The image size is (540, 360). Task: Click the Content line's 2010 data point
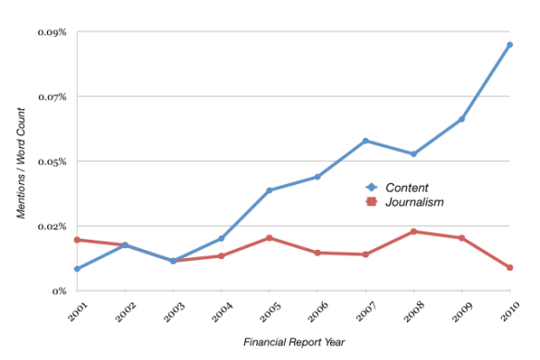509,44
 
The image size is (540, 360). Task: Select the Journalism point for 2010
509,267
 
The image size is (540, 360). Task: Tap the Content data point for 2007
365,141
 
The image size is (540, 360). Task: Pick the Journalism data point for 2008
413,231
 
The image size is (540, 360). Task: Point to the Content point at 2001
77,269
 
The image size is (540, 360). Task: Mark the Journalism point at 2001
77,240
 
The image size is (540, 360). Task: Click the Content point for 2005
269,191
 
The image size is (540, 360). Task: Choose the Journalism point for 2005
269,238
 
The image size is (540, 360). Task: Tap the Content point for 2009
461,119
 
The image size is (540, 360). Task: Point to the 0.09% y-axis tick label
53,32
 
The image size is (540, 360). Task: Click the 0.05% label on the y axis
53,162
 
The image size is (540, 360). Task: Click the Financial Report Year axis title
294,342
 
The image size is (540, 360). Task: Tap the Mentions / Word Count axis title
21,162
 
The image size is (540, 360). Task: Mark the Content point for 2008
413,154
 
